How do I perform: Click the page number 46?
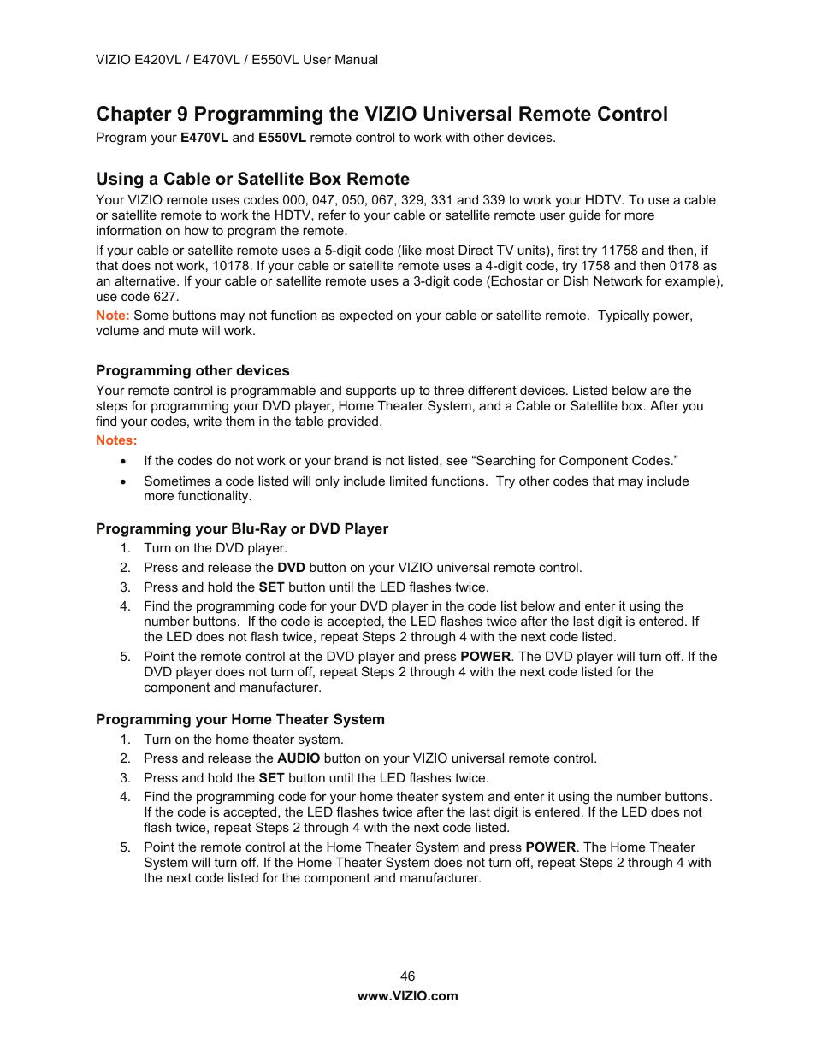pos(407,976)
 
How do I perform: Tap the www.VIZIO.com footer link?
pos(407,995)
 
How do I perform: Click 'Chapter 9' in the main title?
pos(141,115)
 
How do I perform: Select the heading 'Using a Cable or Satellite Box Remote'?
pos(252,179)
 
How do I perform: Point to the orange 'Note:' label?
pos(112,316)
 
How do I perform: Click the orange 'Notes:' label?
pos(116,440)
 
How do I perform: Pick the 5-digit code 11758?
pos(619,251)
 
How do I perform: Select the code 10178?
pos(231,266)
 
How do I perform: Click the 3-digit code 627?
pos(165,297)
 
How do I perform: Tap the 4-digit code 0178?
pos(684,266)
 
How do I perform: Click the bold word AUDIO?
pos(299,758)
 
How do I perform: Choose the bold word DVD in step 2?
pos(291,568)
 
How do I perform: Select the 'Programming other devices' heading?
pos(192,370)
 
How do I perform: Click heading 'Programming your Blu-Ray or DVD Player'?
pos(242,528)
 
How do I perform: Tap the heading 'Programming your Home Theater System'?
pos(240,719)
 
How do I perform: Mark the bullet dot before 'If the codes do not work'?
pos(125,462)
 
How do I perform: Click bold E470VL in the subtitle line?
pos(204,138)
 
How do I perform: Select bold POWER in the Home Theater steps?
pos(550,847)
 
